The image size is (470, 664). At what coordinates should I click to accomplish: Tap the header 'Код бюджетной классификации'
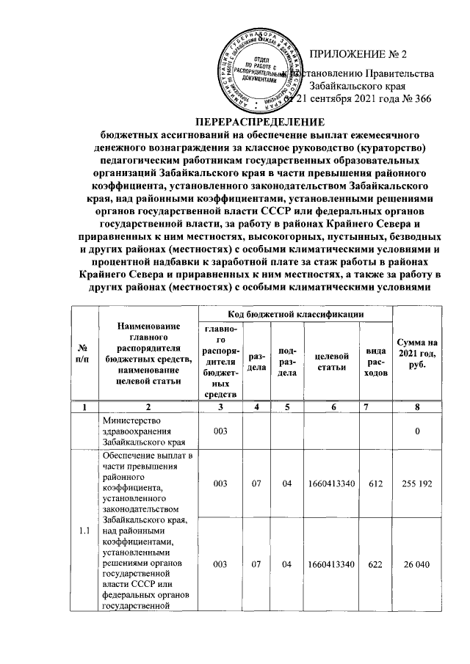tap(295, 313)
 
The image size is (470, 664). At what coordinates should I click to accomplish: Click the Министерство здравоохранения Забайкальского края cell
tap(142, 431)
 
